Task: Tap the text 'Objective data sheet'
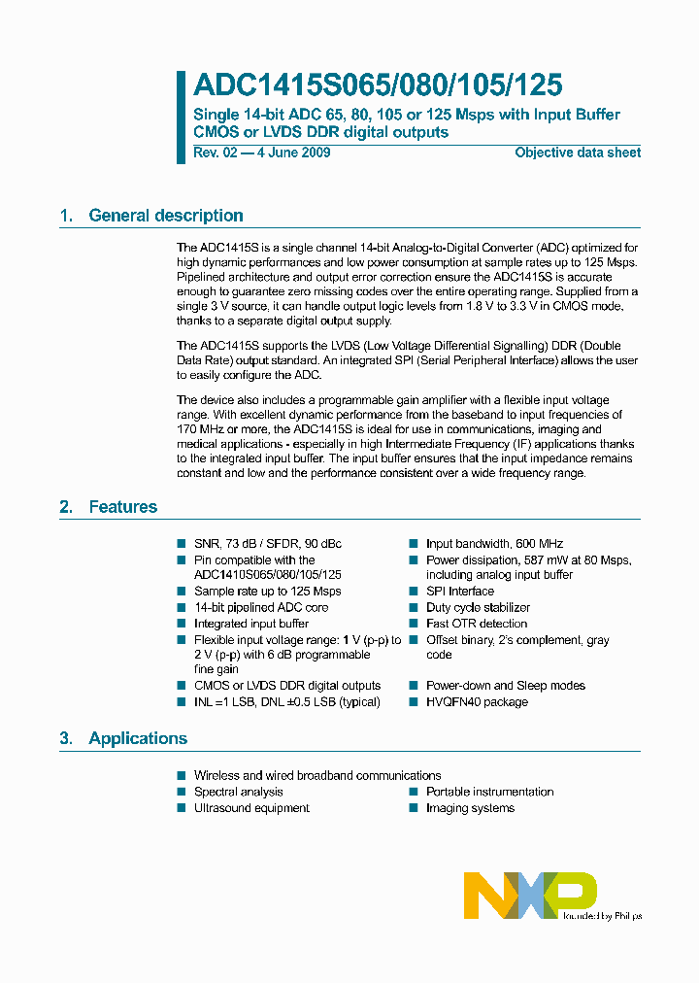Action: point(578,153)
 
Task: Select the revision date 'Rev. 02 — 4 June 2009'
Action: point(262,153)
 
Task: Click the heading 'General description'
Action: point(166,216)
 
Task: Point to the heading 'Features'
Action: point(123,507)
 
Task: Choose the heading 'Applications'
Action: point(138,738)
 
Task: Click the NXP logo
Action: point(530,894)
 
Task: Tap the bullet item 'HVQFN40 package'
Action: point(477,702)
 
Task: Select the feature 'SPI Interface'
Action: point(460,592)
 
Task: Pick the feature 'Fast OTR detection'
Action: point(477,624)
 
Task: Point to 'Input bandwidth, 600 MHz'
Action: point(494,544)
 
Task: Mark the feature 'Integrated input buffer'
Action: point(251,624)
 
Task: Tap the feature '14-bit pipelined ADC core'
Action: point(261,608)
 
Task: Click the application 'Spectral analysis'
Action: point(239,792)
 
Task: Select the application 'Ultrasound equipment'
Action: point(251,808)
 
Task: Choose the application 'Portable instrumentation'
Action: point(489,792)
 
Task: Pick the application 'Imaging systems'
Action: point(470,808)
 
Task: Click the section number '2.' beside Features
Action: point(66,507)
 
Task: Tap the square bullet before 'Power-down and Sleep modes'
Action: point(413,686)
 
